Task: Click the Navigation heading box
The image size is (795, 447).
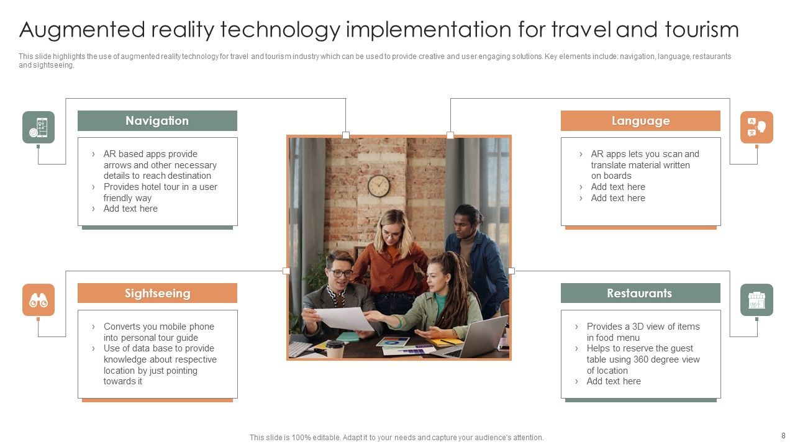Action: tap(157, 120)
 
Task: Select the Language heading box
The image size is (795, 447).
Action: tap(640, 120)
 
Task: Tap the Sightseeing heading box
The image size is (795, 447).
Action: tap(157, 293)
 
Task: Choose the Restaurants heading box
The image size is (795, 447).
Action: tap(640, 293)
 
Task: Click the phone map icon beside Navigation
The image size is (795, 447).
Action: tap(39, 127)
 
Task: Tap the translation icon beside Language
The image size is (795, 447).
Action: tap(756, 127)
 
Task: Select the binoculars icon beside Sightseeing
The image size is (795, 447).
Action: tap(39, 300)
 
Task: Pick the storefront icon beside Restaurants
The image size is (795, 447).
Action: tap(756, 300)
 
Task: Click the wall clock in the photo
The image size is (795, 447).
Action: tap(378, 185)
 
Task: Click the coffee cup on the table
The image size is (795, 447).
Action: tap(335, 349)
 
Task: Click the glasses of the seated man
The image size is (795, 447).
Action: tap(340, 273)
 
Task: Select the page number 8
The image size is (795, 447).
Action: tap(783, 436)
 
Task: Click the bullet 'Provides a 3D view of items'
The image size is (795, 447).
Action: tap(643, 327)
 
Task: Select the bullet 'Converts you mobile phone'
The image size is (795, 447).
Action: tap(158, 327)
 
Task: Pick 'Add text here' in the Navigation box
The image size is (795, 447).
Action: tap(130, 209)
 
